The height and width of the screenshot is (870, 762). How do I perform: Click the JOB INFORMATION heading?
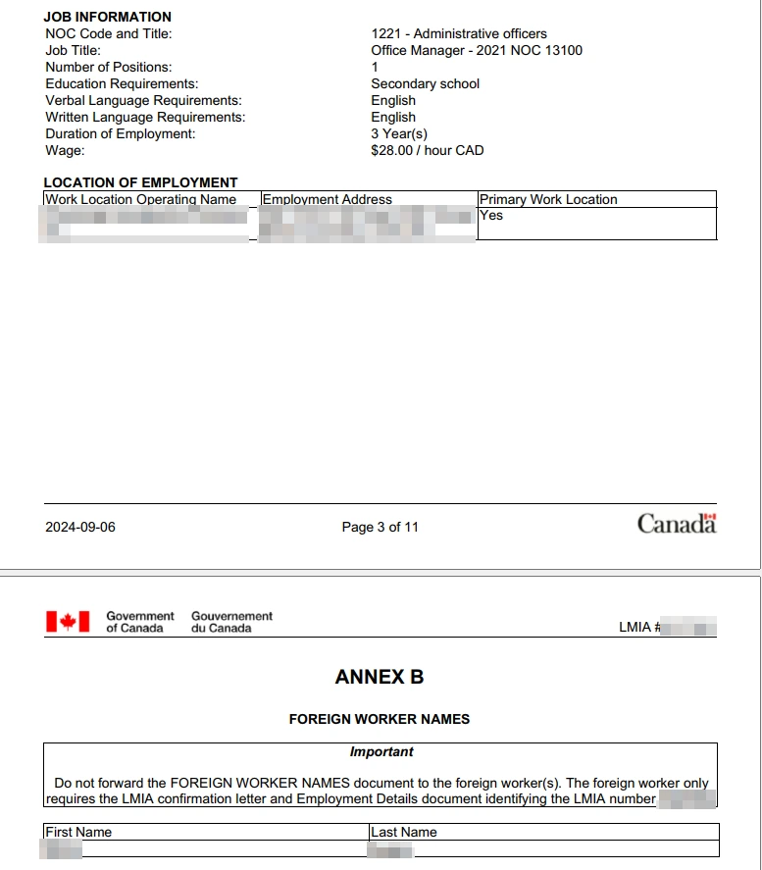[107, 17]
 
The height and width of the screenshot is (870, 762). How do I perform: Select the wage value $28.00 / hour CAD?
[427, 150]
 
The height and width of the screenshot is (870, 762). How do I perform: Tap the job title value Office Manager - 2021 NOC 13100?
[476, 50]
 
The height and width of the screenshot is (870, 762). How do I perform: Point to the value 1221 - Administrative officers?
[458, 33]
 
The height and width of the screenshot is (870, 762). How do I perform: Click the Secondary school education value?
[425, 83]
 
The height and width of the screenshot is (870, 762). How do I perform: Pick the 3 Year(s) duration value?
[399, 133]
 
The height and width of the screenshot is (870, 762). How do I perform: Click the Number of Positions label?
[108, 67]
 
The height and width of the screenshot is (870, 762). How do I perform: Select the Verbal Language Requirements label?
[143, 100]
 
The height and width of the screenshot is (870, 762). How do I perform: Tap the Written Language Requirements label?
[145, 117]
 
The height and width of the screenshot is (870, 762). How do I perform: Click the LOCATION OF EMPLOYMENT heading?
[140, 182]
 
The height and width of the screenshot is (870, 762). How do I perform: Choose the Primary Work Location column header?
[548, 199]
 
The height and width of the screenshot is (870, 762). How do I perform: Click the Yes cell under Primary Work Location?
[491, 215]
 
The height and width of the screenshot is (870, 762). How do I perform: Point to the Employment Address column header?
[327, 199]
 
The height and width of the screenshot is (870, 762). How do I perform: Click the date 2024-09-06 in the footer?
[80, 527]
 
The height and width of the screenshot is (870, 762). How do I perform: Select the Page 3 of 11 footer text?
[380, 527]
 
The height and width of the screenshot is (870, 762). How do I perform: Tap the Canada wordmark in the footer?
[677, 524]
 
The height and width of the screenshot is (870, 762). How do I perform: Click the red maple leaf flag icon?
[68, 621]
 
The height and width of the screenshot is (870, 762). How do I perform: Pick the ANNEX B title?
[380, 677]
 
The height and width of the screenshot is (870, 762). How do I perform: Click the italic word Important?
[381, 751]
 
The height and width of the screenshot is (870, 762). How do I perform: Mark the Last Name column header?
[404, 832]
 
